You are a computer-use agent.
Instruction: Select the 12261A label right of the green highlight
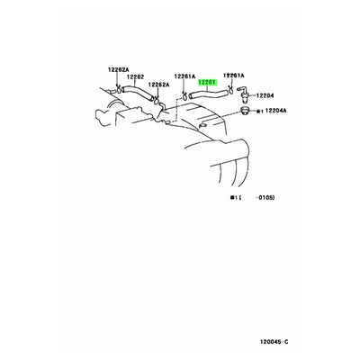(233, 76)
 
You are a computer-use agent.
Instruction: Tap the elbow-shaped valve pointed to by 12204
(239, 93)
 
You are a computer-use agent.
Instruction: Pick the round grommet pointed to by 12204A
(241, 114)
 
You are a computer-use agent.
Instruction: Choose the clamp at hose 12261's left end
(185, 94)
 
